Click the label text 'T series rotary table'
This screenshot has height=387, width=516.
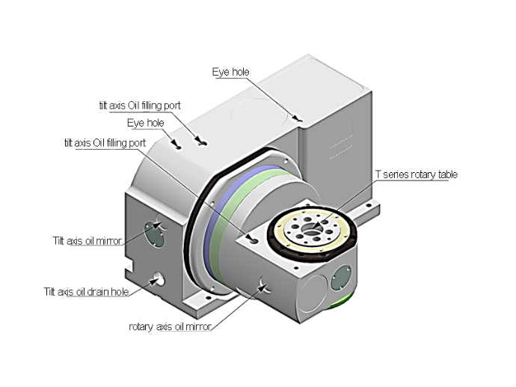416,175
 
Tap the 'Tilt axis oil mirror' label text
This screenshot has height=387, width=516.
87,240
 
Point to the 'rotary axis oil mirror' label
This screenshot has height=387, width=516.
170,326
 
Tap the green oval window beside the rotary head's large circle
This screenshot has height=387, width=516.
344,275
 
